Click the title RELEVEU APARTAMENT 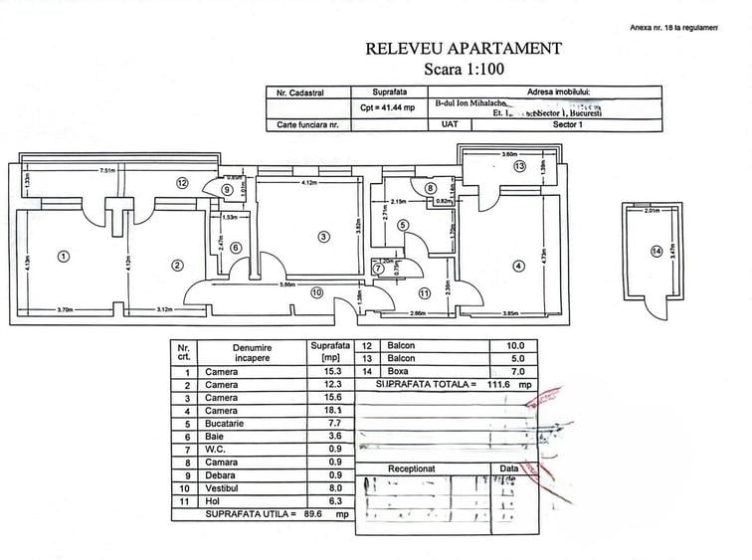point(464,48)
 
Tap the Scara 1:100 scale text point(464,70)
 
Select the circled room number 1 point(64,256)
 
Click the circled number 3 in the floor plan point(323,236)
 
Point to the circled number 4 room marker point(518,266)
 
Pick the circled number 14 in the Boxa point(656,251)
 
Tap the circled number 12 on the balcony point(182,183)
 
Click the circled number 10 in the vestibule point(315,292)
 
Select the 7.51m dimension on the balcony point(108,171)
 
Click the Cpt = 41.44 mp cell point(387,107)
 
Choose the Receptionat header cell point(411,467)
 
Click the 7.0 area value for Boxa point(515,370)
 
